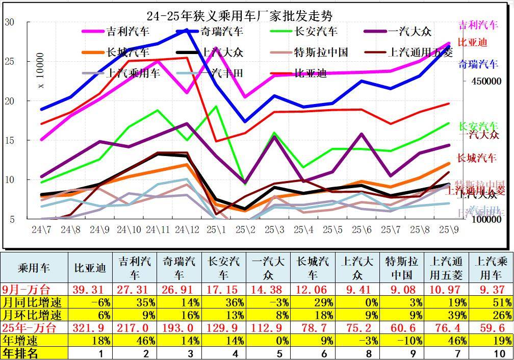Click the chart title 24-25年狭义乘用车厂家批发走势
click(x=239, y=16)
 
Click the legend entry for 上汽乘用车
click(x=133, y=73)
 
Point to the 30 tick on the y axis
click(x=9, y=22)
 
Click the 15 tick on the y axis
click(x=9, y=140)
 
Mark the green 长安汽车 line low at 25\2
click(x=245, y=184)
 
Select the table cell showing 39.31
click(x=90, y=290)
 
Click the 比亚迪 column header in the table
click(x=90, y=268)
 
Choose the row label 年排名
click(x=21, y=353)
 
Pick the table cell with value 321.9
click(x=90, y=327)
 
